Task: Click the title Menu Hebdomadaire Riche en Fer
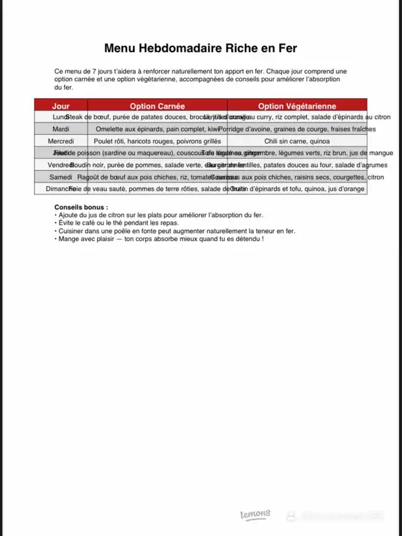[200, 48]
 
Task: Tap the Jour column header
[61, 106]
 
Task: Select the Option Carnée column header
[157, 106]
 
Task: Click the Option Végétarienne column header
[296, 106]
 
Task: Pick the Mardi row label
[61, 129]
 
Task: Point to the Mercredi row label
[61, 141]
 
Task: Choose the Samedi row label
[61, 177]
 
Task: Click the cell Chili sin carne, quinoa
[296, 141]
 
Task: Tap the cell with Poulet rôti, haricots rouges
[157, 141]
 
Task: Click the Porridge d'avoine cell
[296, 129]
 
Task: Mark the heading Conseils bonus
[81, 207]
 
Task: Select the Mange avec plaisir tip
[160, 239]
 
